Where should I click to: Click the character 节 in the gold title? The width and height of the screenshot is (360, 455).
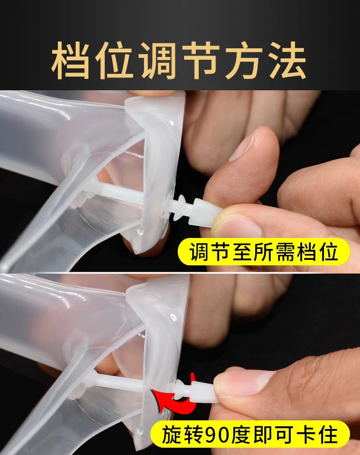point(201,61)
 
